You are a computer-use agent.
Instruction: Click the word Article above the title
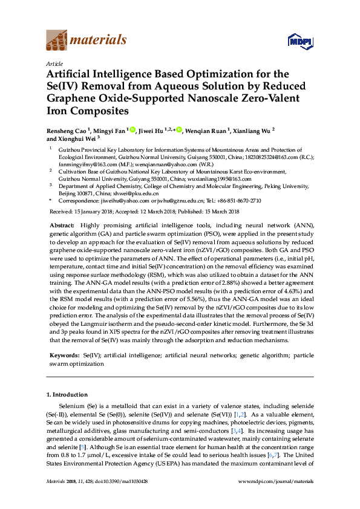[x=53, y=63]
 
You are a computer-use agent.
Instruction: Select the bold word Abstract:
[x=61, y=224]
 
